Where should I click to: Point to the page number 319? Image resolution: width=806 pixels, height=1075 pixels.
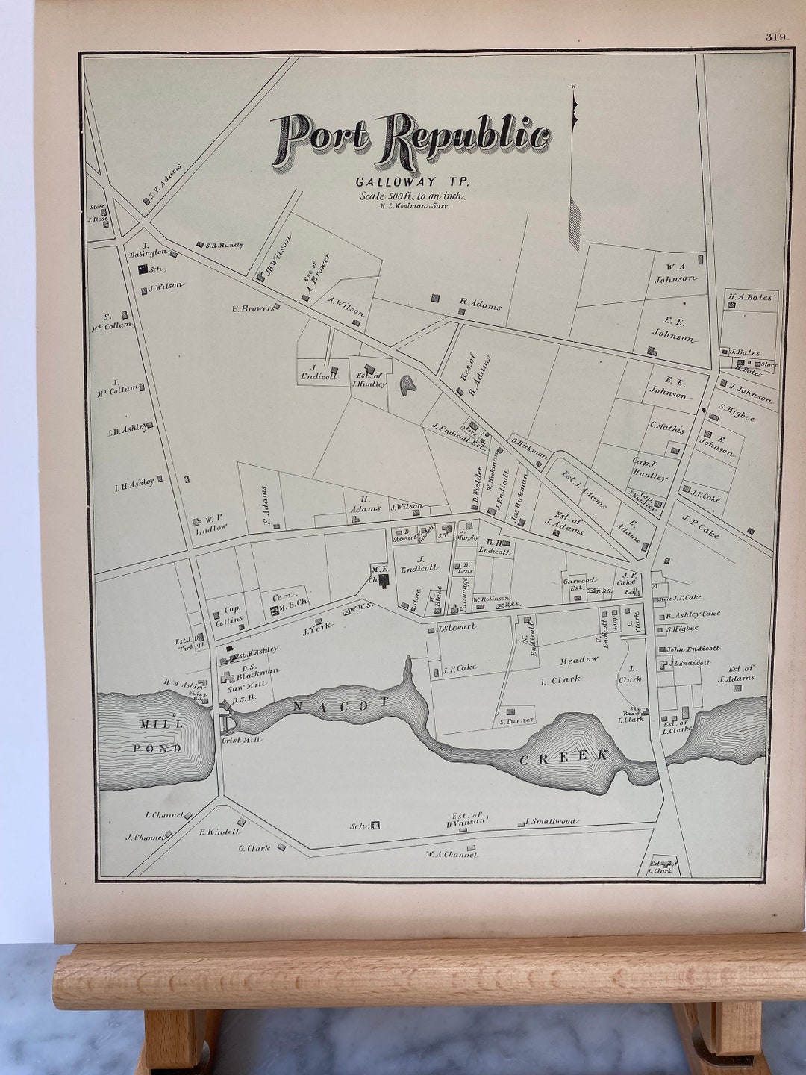tap(777, 37)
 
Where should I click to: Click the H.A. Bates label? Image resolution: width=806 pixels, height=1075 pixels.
tap(750, 297)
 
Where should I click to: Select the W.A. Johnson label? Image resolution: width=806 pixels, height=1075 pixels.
tap(676, 273)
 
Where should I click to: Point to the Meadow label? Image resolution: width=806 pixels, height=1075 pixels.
tap(579, 659)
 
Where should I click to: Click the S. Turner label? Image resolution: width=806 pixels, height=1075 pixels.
tap(516, 720)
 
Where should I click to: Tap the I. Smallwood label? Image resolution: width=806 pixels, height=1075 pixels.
tap(552, 822)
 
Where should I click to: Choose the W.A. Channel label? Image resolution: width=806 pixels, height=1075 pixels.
tap(451, 854)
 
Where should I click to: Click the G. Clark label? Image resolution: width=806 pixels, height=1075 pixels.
tap(254, 847)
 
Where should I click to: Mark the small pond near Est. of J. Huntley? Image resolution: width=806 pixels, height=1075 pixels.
tap(407, 385)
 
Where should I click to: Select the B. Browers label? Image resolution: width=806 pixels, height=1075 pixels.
tap(251, 307)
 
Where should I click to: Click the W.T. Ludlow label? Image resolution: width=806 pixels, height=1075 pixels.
tap(211, 526)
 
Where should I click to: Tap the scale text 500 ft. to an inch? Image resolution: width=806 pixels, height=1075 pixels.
tap(413, 196)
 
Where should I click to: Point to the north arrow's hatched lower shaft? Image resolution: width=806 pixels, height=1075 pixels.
tap(575, 223)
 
